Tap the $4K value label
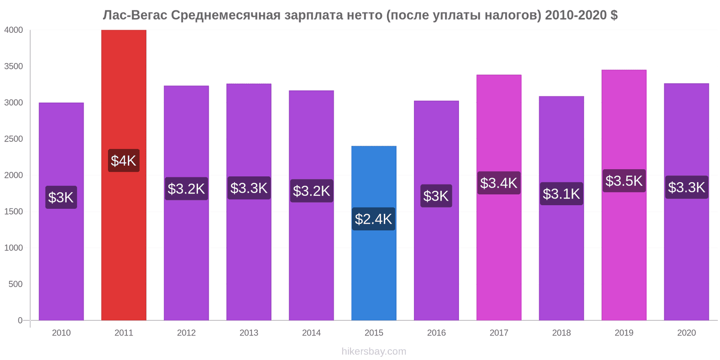click(x=124, y=161)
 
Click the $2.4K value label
click(x=373, y=219)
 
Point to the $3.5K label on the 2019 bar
click(x=624, y=181)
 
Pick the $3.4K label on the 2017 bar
click(x=499, y=183)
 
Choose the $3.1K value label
click(x=561, y=194)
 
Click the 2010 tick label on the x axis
click(x=61, y=333)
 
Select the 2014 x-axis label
click(x=311, y=333)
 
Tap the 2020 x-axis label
click(x=686, y=333)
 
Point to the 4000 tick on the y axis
click(x=13, y=30)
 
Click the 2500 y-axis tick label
click(x=13, y=139)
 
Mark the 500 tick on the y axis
click(x=15, y=284)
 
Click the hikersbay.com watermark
click(x=373, y=351)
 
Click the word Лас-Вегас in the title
click(x=135, y=15)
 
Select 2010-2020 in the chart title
click(x=576, y=15)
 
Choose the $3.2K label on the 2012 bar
click(x=186, y=189)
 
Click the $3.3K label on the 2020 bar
click(x=686, y=187)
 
